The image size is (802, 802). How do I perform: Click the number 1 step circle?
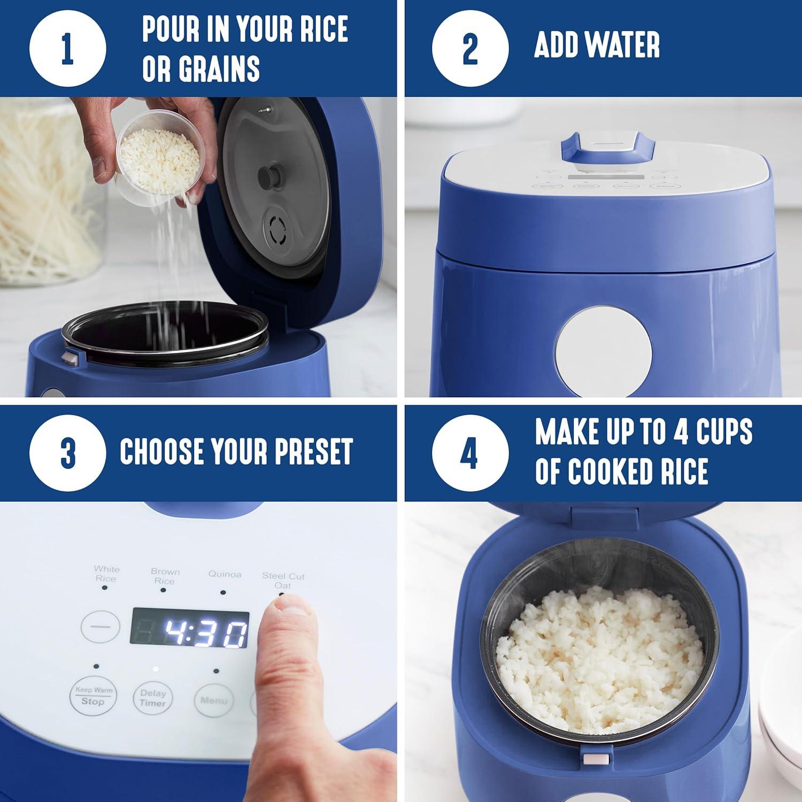pyautogui.click(x=68, y=49)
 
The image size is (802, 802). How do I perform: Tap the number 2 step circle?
pyautogui.click(x=470, y=49)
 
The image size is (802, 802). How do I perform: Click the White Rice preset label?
pyautogui.click(x=106, y=574)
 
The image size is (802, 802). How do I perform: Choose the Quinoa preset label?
pyautogui.click(x=225, y=575)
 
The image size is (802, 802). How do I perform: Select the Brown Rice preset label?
pyautogui.click(x=165, y=576)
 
